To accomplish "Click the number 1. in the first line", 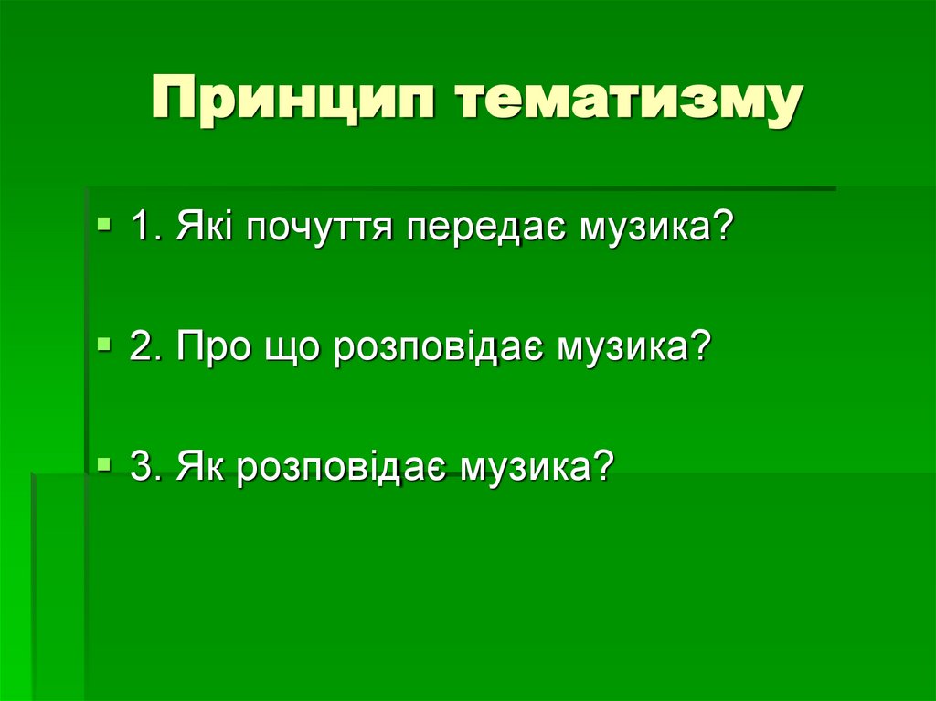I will click(144, 225).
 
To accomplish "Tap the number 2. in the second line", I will click(145, 347).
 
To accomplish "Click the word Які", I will click(200, 225).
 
